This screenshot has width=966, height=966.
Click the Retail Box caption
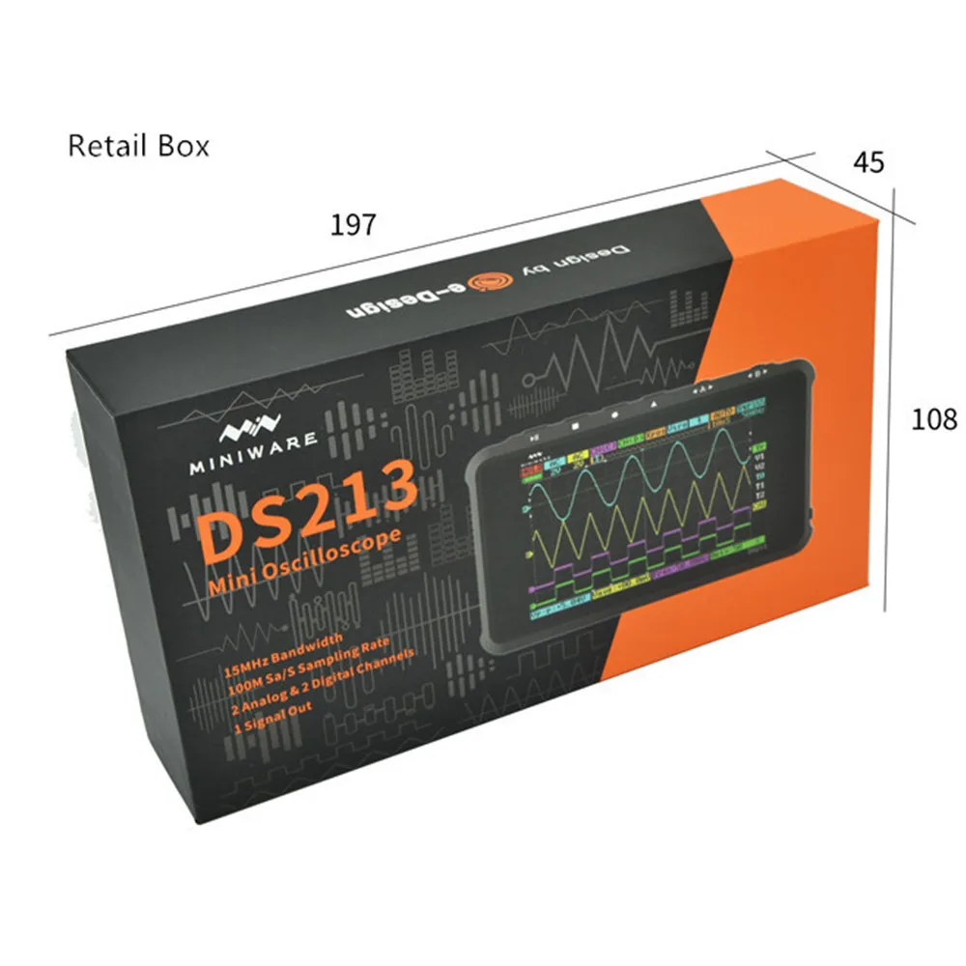138,146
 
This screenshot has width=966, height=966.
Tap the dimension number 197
353,225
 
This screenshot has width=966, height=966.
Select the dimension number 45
868,162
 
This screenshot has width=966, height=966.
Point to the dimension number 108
934,419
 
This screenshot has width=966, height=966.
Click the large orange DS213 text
309,513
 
